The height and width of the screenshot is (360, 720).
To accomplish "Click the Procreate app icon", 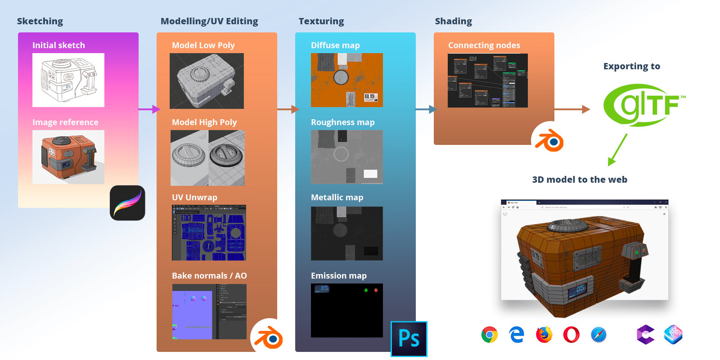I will (127, 203).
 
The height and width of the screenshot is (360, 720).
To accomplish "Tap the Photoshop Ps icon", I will (409, 338).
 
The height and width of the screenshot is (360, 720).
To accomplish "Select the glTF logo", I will (643, 105).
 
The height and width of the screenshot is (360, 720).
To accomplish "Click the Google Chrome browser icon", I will (490, 335).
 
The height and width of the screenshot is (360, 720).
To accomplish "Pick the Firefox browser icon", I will (544, 335).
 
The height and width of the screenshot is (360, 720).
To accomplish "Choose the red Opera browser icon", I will (571, 335).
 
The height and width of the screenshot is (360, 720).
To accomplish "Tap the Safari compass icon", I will (598, 335).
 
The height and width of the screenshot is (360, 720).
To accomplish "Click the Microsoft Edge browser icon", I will (517, 335).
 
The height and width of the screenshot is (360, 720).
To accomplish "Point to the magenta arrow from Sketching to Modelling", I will (149, 109).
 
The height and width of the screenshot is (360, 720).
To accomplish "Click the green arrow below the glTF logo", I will (617, 150).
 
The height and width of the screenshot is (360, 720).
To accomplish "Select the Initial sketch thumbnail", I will (68, 80).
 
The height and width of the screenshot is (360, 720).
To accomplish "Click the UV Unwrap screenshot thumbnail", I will (209, 233).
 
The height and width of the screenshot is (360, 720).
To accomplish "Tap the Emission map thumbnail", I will (347, 310).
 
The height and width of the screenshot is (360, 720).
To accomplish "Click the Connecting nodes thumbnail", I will (488, 81).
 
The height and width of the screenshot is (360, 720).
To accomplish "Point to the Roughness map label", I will (342, 122).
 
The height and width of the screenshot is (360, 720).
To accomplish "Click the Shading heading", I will (453, 21).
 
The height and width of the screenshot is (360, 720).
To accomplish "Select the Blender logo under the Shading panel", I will (549, 140).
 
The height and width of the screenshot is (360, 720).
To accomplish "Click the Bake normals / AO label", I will (209, 276).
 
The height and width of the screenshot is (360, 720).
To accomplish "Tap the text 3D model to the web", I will (580, 180).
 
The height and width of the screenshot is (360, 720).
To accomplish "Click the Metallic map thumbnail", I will (347, 234).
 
